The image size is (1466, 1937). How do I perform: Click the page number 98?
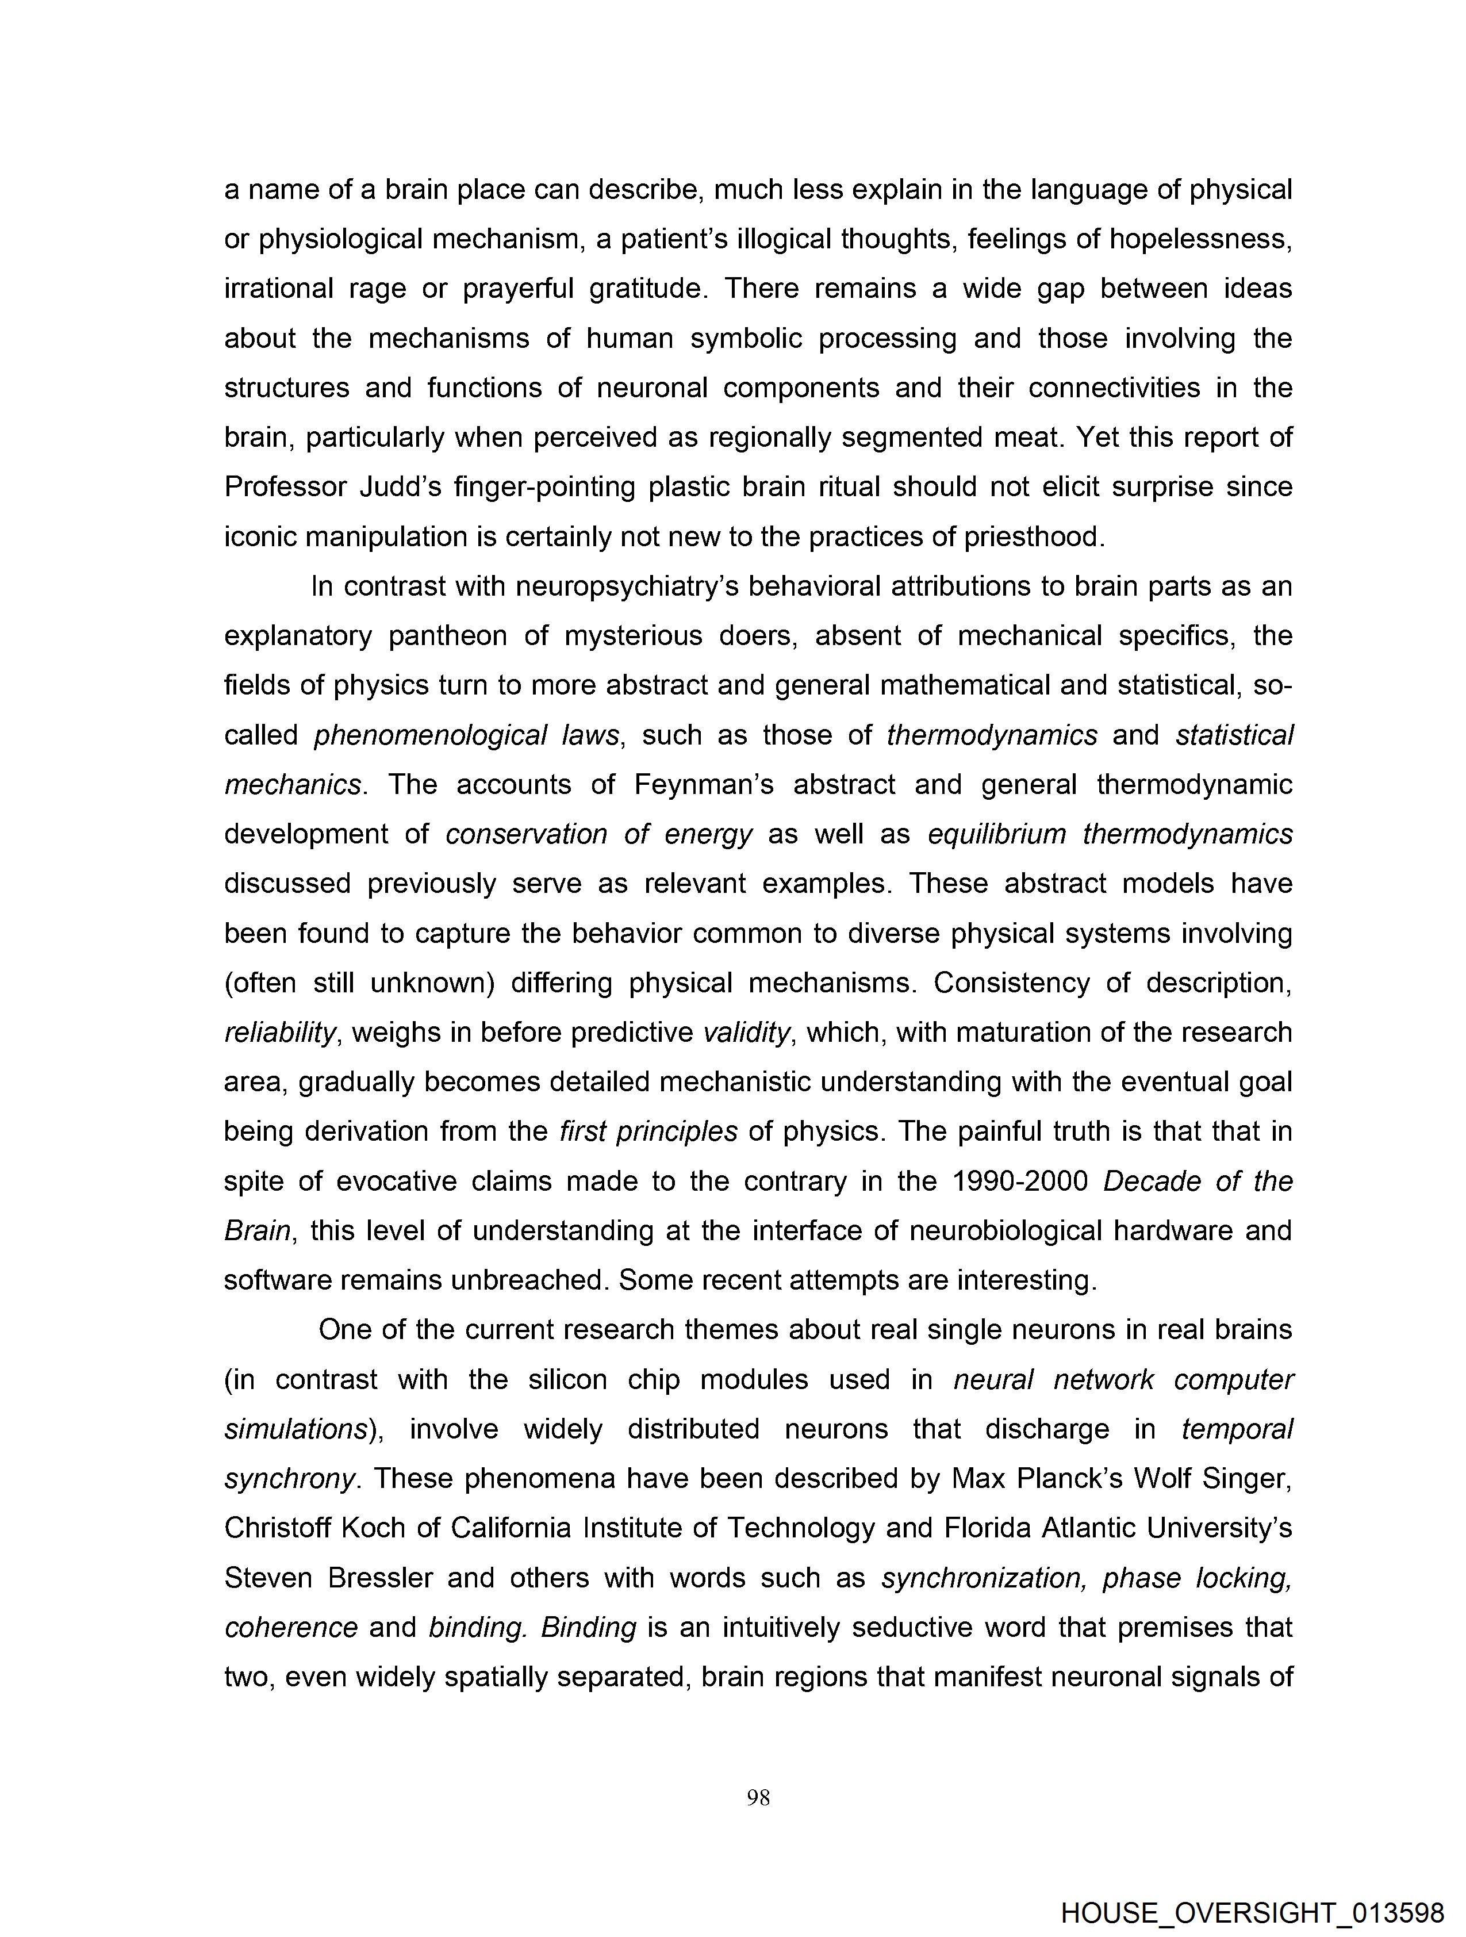pyautogui.click(x=758, y=1798)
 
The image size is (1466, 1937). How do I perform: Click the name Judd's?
pyautogui.click(x=400, y=487)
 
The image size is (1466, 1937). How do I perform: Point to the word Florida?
pyautogui.click(x=987, y=1528)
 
